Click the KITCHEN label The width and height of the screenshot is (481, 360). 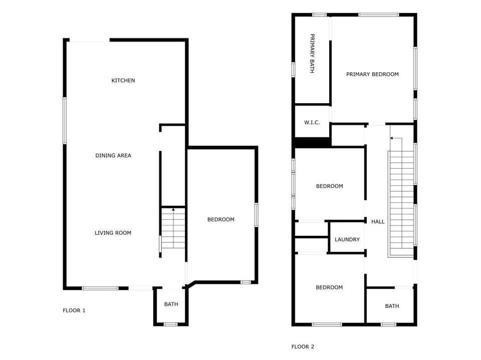pos(123,81)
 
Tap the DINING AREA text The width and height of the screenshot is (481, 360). pos(113,156)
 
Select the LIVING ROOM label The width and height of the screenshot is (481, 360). pos(113,233)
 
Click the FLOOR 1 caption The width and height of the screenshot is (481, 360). pos(74,310)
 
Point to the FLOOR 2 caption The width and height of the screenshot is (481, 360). pos(303,346)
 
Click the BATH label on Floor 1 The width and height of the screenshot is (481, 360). pos(171,304)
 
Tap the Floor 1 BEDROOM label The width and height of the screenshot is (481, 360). pos(220,219)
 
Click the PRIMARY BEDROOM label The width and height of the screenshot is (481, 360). pos(372,74)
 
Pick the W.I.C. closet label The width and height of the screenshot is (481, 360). pos(312,123)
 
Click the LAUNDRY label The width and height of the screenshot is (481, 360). pos(347,239)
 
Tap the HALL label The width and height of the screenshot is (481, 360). pos(378,221)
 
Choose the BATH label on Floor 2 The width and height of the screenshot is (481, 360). pos(392,306)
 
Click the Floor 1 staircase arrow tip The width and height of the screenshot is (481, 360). pos(173,208)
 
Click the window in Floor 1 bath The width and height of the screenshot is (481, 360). pos(170,324)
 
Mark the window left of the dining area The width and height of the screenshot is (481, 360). pos(65,121)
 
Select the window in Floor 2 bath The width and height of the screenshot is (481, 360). pos(388,324)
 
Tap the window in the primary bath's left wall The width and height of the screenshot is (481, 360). pos(293,70)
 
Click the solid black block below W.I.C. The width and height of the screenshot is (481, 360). pos(312,143)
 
